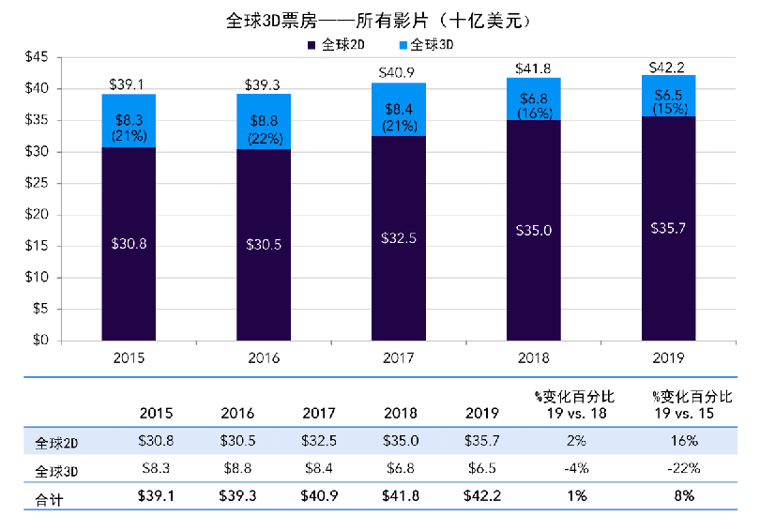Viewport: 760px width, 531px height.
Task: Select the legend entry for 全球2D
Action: coord(341,44)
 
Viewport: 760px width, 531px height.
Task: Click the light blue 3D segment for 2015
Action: coord(129,121)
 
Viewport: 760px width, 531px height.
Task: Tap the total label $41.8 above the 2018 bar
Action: coord(533,68)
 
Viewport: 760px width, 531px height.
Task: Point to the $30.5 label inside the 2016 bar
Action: coord(264,244)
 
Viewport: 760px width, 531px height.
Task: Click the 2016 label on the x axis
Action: coord(264,357)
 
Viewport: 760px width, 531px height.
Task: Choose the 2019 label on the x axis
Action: coord(668,357)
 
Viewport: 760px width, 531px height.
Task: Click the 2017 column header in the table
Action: coord(319,413)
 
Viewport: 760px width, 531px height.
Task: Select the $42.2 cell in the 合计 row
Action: coord(482,496)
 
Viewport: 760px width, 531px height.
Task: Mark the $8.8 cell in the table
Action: coord(237,468)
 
